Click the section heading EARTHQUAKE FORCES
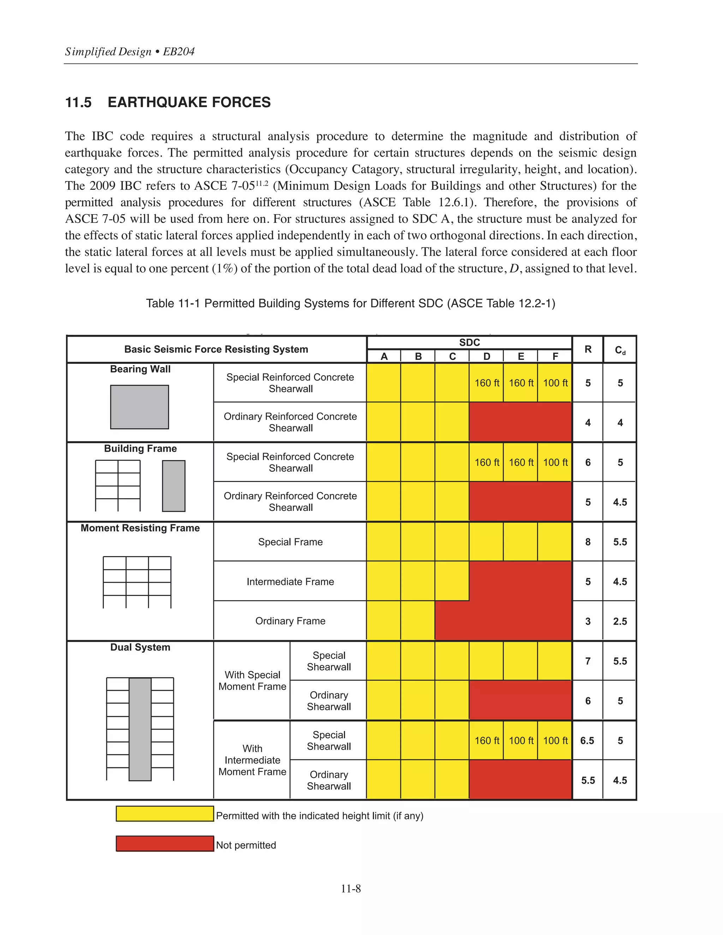[x=189, y=102]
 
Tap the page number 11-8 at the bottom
[x=350, y=888]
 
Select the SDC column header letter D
[x=486, y=356]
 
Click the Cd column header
[x=620, y=350]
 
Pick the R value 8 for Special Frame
[x=588, y=542]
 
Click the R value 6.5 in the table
[x=587, y=741]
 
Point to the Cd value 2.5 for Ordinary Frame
[x=620, y=621]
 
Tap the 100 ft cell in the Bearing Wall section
[x=555, y=383]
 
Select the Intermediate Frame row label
[x=290, y=581]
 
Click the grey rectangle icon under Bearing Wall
[x=140, y=407]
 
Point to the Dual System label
[x=140, y=647]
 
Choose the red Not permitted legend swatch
[x=165, y=843]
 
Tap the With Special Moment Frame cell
[x=252, y=680]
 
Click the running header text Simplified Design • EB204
[x=130, y=52]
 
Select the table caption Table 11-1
[x=350, y=303]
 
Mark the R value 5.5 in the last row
[x=588, y=780]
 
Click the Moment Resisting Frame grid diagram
[x=137, y=582]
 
